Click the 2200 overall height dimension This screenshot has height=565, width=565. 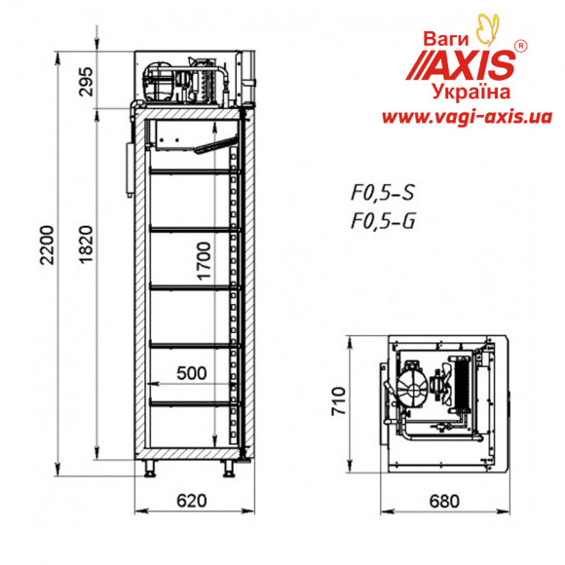click(x=47, y=245)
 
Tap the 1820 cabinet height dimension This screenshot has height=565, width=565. click(x=86, y=245)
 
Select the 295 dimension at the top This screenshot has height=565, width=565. click(x=86, y=82)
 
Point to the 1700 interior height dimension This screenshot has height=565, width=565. click(x=204, y=261)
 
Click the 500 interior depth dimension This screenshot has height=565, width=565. click(x=192, y=373)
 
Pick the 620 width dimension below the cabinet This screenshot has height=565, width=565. click(x=192, y=501)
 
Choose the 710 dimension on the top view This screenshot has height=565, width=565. click(x=338, y=401)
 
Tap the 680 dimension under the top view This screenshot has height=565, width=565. click(x=444, y=501)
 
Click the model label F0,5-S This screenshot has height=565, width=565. click(x=383, y=193)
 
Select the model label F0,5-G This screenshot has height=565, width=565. click(x=383, y=220)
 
